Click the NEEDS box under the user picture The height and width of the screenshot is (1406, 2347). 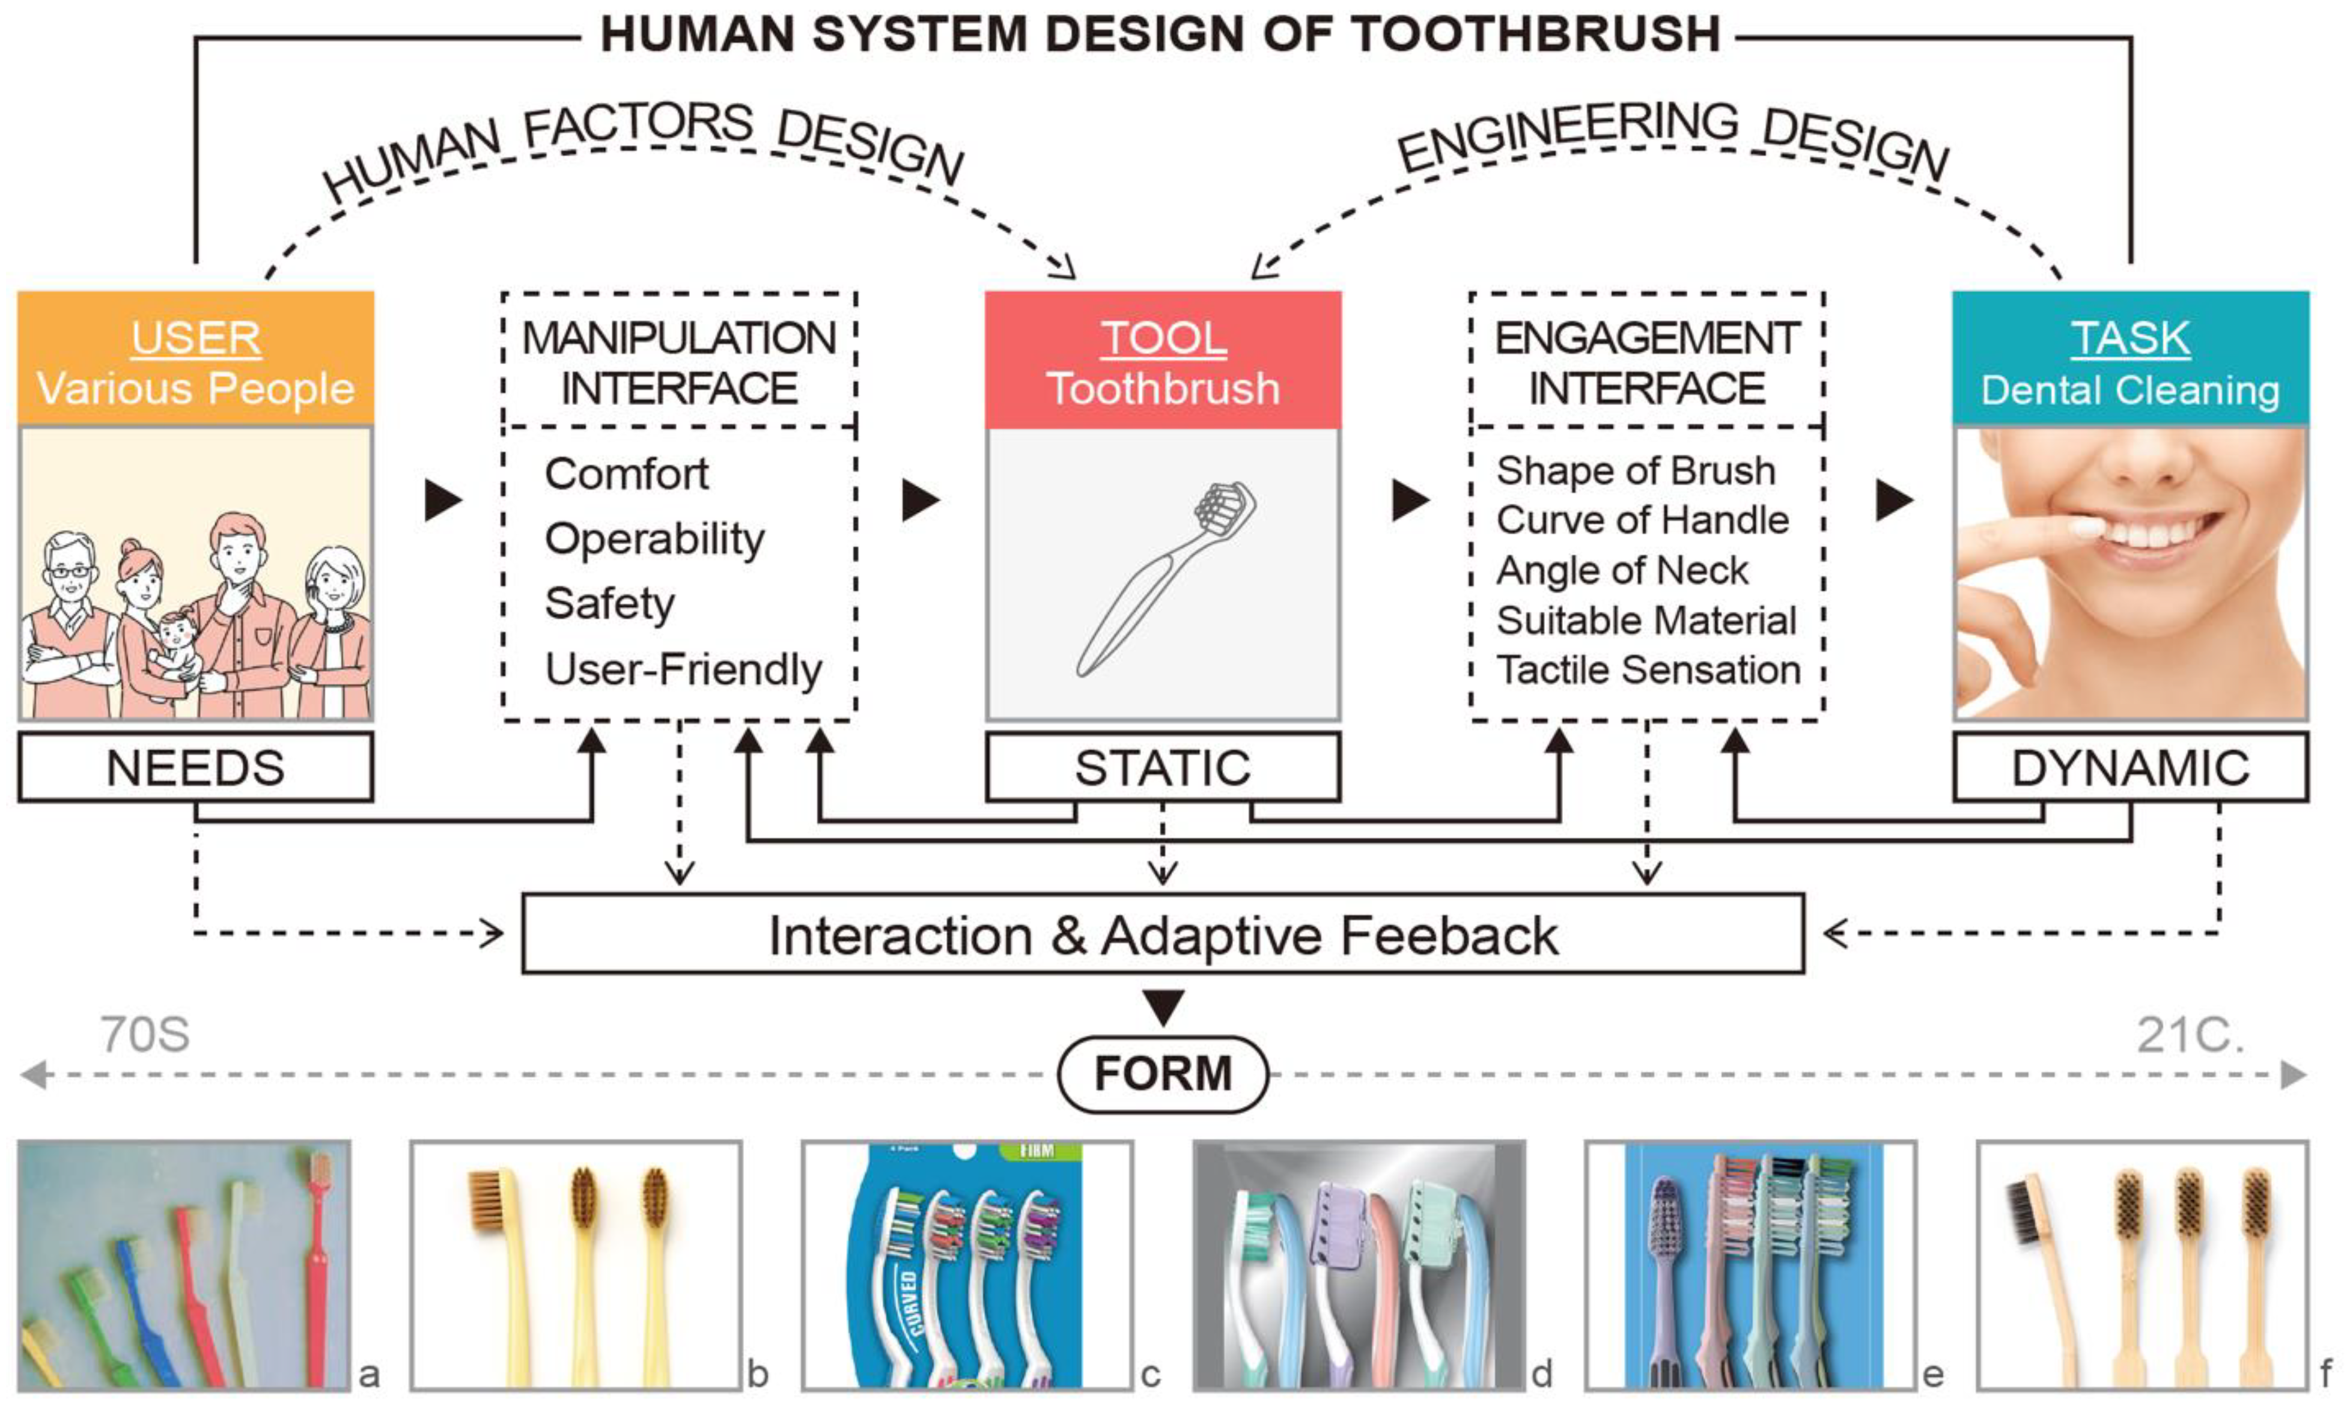pos(195,767)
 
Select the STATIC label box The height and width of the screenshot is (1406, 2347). pos(1163,767)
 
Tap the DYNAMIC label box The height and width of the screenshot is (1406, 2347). pos(2130,767)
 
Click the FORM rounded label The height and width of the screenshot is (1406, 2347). pos(1163,1074)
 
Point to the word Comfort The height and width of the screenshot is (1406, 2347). pos(626,473)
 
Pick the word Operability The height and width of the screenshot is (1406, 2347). pos(654,539)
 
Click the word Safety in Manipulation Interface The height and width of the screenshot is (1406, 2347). pos(609,603)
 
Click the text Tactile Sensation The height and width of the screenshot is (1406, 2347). pos(1648,670)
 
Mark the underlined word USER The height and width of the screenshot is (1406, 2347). pos(195,338)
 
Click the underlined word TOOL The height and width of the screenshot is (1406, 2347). pos(1163,338)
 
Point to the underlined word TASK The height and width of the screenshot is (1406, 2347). pos(2130,338)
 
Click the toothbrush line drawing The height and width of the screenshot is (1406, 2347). pos(1166,578)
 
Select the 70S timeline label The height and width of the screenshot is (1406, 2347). pos(145,1035)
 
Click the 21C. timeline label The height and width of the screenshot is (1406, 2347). pos(2190,1035)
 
